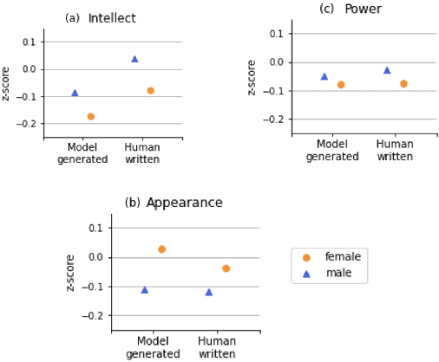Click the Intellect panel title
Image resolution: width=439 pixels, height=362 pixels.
tap(111, 18)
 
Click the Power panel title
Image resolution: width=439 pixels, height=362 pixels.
tap(363, 9)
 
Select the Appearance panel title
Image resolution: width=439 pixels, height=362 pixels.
tap(184, 203)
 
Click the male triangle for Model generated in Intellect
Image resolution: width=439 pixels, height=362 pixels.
tap(75, 93)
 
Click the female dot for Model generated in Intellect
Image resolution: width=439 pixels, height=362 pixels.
tap(90, 116)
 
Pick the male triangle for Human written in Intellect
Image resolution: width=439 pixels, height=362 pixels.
tap(134, 59)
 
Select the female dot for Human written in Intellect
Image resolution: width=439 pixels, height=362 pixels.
tap(150, 90)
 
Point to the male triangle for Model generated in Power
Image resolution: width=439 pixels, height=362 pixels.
tap(324, 76)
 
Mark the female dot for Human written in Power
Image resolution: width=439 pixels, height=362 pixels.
tap(403, 84)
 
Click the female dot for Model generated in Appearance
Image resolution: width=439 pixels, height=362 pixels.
tap(161, 249)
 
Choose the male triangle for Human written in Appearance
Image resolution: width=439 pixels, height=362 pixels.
tap(208, 292)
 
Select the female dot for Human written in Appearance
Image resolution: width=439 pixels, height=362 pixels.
tap(226, 268)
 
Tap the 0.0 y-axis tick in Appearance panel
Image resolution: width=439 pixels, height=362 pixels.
tap(97, 257)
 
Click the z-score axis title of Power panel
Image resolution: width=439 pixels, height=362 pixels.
tap(252, 77)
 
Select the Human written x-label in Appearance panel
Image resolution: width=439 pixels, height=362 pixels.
tap(217, 348)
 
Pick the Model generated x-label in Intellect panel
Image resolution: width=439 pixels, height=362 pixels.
tap(82, 153)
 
